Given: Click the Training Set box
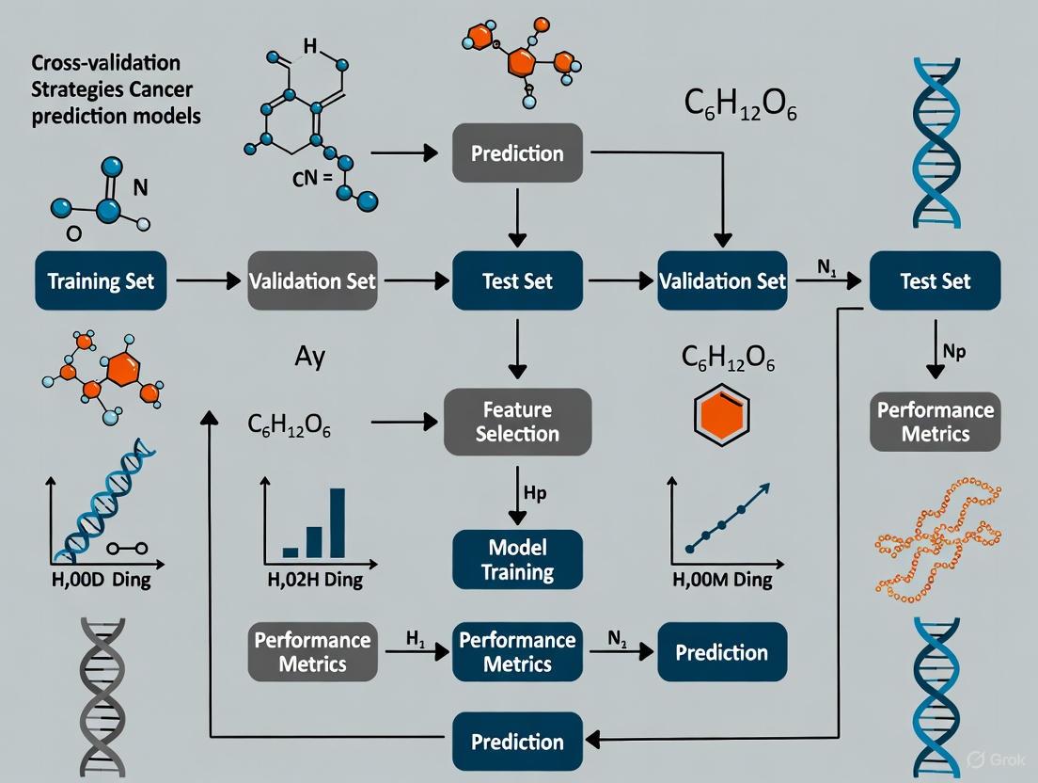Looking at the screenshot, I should coord(101,280).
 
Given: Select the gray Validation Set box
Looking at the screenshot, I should coord(312,280).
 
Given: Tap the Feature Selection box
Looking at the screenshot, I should coord(517,422).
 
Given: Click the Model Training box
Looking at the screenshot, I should coord(517,559).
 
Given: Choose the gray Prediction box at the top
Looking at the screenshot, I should coord(517,153).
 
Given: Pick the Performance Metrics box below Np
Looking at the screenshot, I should coord(935,422).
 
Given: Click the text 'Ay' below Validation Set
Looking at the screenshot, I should coord(309,358).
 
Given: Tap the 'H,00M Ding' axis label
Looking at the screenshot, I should coord(722,580).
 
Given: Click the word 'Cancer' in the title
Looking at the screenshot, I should coord(167,90).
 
